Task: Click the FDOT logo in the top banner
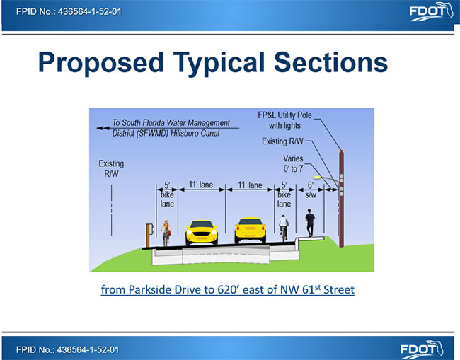(x=431, y=12)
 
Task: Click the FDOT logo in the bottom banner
(x=422, y=349)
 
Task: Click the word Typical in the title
(x=219, y=63)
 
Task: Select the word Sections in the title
(x=330, y=62)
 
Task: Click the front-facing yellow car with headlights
(x=202, y=233)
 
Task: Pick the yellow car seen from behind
(x=250, y=231)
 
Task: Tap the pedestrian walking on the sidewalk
(x=310, y=223)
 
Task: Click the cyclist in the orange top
(x=166, y=233)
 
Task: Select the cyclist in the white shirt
(x=284, y=228)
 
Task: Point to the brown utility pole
(x=341, y=199)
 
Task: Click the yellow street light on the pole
(x=317, y=177)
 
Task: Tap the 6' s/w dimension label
(x=311, y=190)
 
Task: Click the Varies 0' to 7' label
(x=294, y=163)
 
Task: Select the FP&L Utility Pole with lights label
(x=284, y=120)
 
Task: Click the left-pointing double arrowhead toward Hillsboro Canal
(x=103, y=128)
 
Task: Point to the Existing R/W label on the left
(x=111, y=168)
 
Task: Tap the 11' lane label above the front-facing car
(x=201, y=185)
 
